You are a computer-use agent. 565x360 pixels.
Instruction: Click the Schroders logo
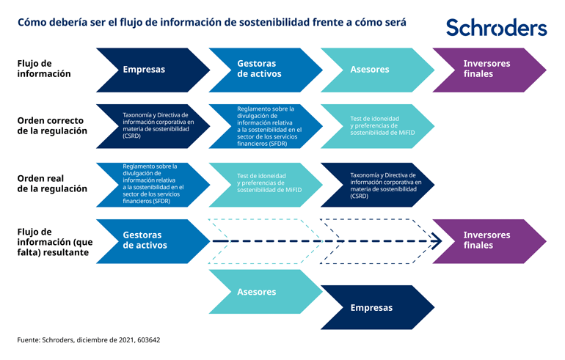(x=496, y=28)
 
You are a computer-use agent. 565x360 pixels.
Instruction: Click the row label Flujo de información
(x=44, y=69)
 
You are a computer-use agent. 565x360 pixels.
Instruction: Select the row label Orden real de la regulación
(x=51, y=183)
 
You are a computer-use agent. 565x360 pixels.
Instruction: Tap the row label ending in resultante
(x=53, y=241)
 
